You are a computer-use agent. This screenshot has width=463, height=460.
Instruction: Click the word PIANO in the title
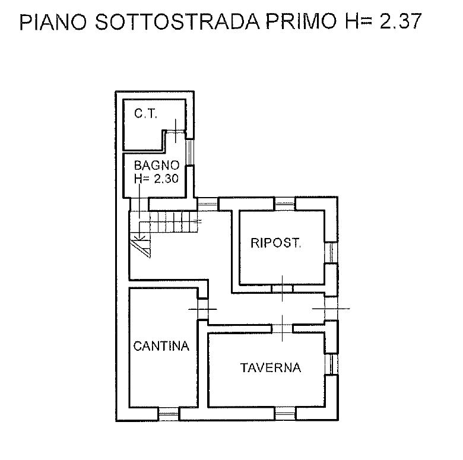[53, 21]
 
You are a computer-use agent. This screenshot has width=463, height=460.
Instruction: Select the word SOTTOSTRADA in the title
[177, 21]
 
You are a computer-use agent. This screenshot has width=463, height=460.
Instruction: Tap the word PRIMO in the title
[302, 21]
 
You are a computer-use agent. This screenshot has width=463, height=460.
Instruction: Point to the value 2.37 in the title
[400, 21]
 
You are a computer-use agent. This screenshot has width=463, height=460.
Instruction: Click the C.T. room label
[145, 114]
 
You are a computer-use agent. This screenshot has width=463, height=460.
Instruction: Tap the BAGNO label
[157, 166]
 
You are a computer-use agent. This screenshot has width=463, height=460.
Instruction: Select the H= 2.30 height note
[157, 179]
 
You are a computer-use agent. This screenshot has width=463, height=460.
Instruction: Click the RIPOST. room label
[276, 243]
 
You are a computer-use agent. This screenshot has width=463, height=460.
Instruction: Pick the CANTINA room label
[161, 346]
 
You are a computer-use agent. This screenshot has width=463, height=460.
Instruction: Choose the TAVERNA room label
[271, 368]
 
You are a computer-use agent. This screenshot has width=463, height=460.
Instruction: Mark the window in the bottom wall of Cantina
[169, 414]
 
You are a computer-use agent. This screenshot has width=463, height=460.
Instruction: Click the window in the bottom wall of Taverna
[285, 413]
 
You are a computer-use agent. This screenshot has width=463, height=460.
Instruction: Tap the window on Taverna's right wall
[331, 364]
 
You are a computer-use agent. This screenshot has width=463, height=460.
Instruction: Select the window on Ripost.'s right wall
[331, 252]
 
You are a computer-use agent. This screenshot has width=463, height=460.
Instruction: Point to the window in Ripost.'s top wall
[285, 204]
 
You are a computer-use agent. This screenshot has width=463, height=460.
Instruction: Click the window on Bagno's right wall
[190, 152]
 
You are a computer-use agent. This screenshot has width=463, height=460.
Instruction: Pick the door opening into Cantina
[202, 309]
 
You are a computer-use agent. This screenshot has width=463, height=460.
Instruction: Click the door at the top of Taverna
[283, 328]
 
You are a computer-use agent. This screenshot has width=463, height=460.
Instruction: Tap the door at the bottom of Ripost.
[283, 288]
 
